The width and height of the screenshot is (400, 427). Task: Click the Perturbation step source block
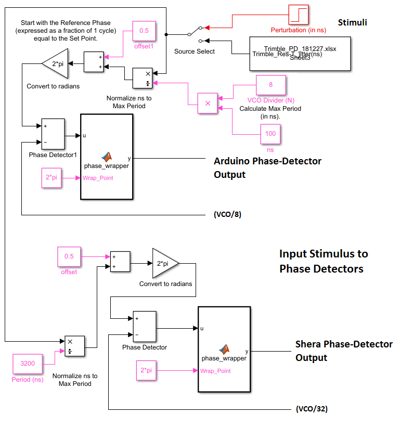point(299,15)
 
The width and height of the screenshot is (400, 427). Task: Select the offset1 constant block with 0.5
point(144,31)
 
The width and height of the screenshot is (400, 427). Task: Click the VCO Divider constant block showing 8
point(270,84)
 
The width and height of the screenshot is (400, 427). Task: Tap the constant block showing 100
point(270,134)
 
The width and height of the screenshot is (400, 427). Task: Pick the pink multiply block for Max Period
point(208,103)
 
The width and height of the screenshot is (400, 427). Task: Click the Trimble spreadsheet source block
point(299,54)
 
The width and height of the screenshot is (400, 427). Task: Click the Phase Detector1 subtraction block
point(53,134)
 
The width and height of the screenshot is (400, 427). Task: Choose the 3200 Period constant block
point(28,364)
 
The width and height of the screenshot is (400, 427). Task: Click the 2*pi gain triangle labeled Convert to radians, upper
point(55,63)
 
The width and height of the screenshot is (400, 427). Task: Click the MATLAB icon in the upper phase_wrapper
point(107,156)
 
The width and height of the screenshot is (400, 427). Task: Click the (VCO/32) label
point(311,409)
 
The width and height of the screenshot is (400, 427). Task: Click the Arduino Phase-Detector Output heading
point(267,167)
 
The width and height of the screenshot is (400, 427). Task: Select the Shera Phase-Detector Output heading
point(344,351)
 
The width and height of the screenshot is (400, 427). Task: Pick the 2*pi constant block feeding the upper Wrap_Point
point(52,178)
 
